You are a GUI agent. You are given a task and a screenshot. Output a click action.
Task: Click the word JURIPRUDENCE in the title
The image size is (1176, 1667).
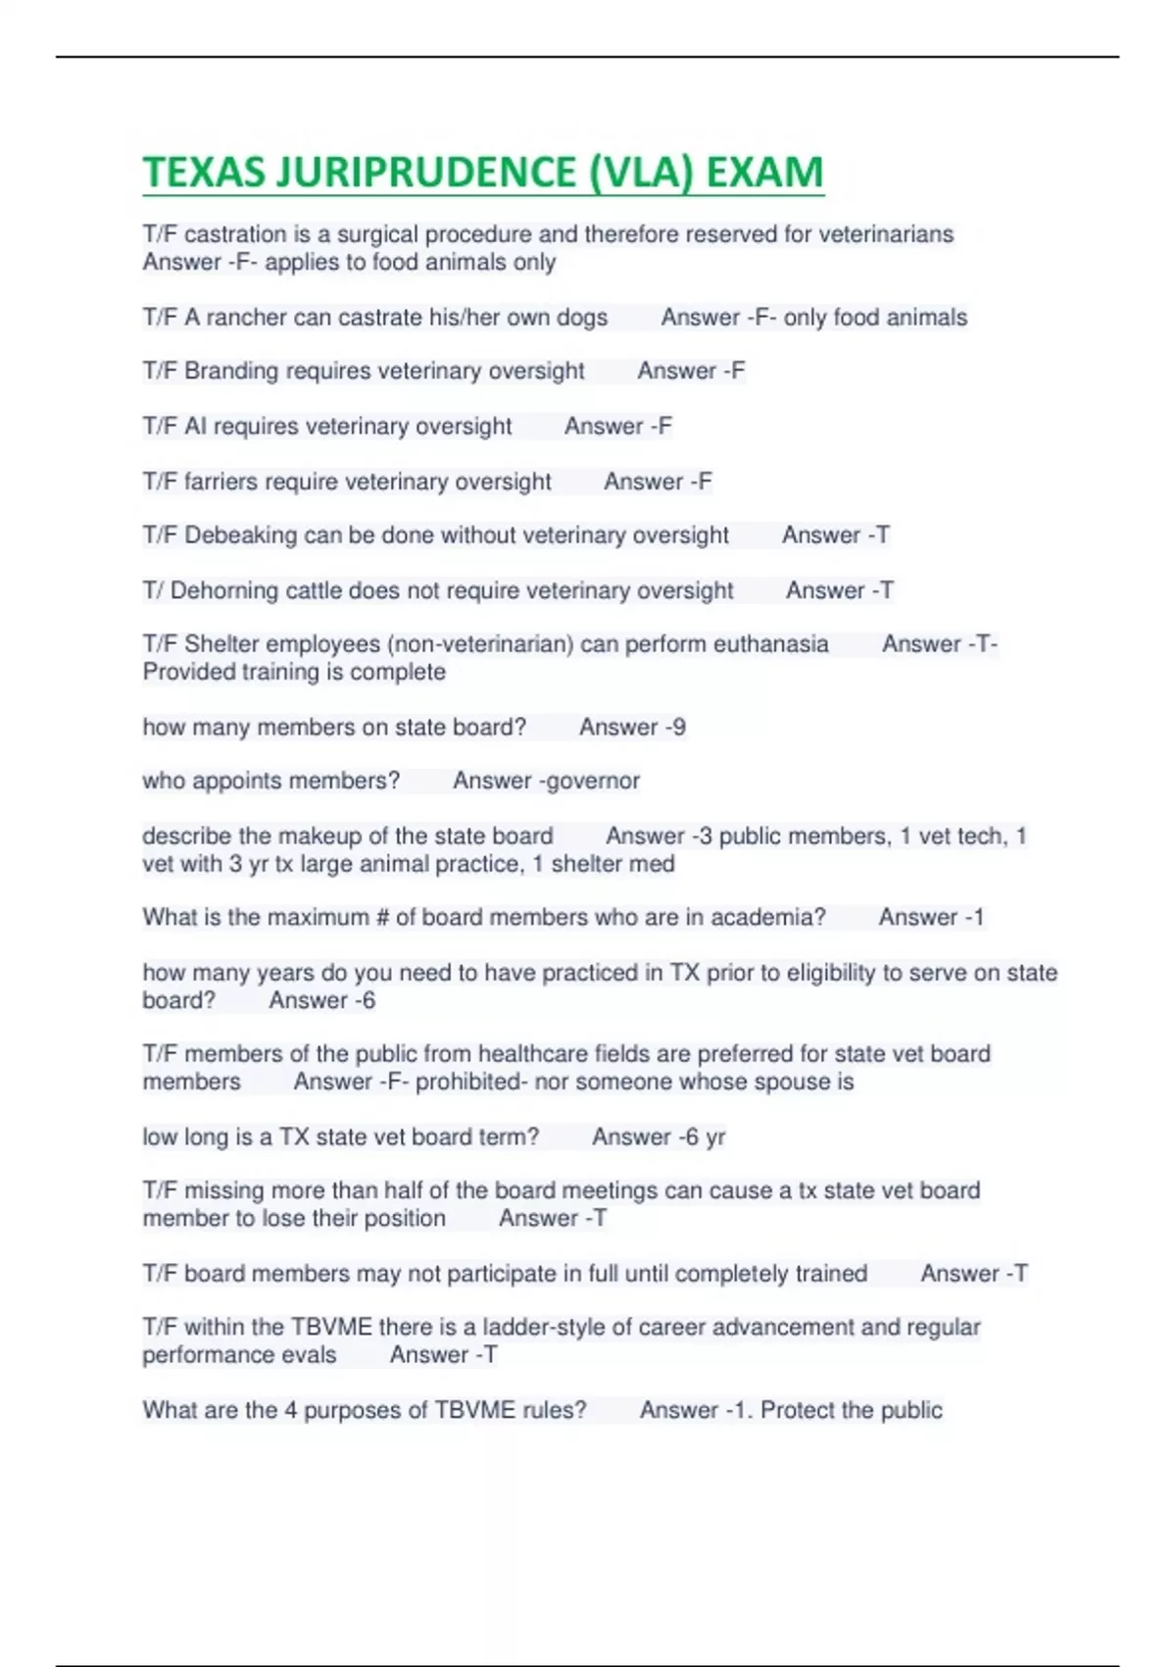pyautogui.click(x=426, y=173)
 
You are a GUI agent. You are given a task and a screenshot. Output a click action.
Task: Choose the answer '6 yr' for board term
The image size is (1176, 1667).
pyautogui.click(x=705, y=1137)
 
